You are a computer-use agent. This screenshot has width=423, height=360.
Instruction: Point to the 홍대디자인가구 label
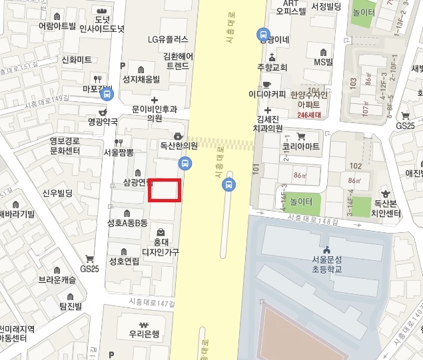(161, 247)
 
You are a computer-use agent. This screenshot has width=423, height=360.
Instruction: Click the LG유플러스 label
(168, 39)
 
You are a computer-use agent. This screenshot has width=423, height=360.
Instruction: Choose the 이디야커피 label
(267, 94)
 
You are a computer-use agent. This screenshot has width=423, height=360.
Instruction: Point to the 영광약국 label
(103, 122)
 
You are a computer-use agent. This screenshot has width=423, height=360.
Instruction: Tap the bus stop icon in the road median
(228, 184)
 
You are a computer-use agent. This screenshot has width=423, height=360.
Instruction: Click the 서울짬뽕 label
(119, 152)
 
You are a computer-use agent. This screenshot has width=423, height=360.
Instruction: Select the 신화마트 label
(76, 60)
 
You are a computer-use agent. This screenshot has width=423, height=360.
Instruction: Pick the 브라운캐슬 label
(57, 280)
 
